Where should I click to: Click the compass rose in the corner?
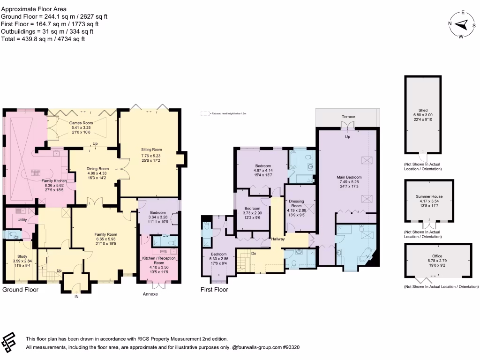tap(462, 24)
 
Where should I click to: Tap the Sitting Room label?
tap(150, 150)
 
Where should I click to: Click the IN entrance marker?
tap(77, 296)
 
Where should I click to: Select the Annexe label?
tap(150, 294)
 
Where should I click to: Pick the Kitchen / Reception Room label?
tap(157, 261)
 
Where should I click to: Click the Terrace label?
tap(348, 116)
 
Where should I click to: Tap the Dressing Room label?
tap(296, 203)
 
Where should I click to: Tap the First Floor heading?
tap(214, 290)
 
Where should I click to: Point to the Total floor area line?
tap(44, 39)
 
